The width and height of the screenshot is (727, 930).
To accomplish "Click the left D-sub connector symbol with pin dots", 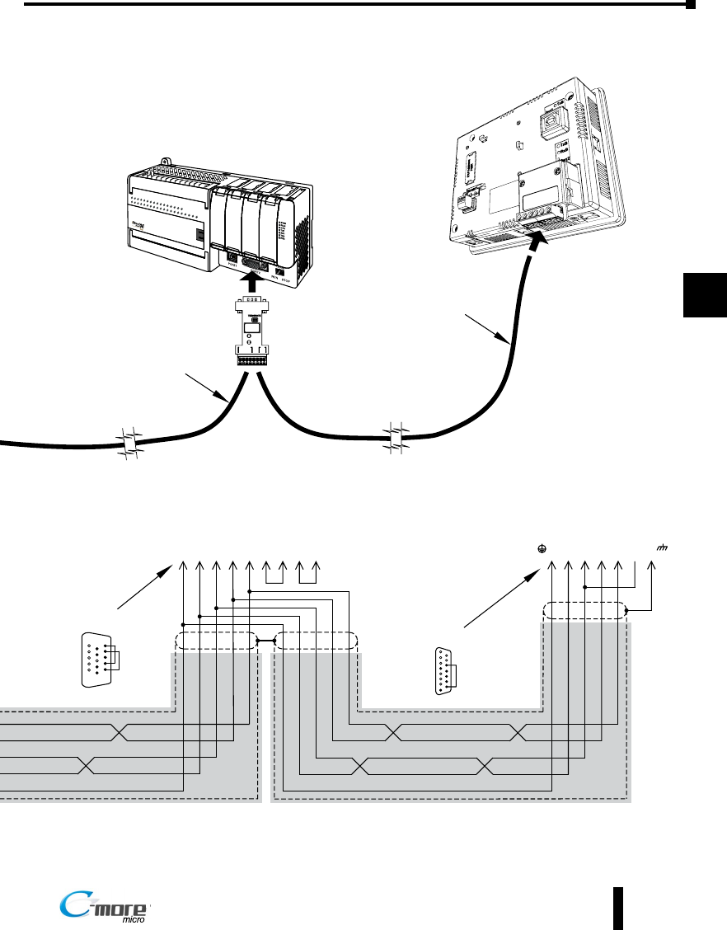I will [x=97, y=660].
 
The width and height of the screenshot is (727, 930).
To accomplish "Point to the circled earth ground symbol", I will [x=541, y=547].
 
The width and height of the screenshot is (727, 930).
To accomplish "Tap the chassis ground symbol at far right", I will [x=661, y=547].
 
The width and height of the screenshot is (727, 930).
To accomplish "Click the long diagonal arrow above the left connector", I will [x=148, y=586].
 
